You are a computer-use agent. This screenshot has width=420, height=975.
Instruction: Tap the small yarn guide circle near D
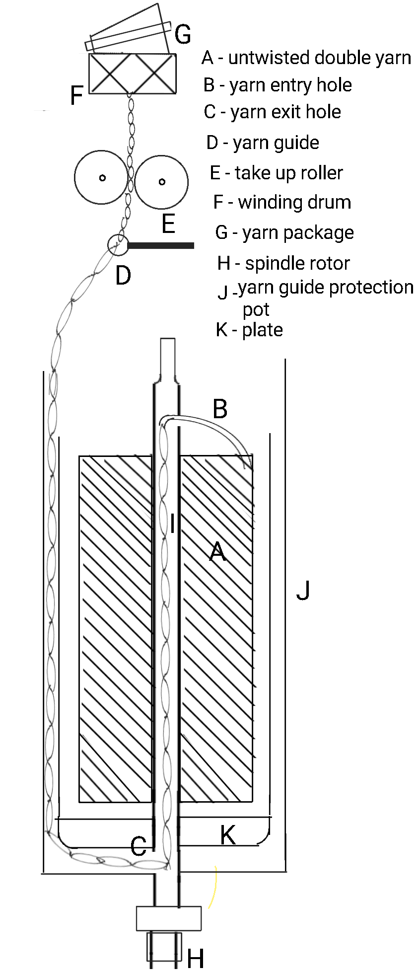[x=117, y=244]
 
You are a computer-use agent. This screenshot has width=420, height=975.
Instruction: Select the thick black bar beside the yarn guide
[x=161, y=245]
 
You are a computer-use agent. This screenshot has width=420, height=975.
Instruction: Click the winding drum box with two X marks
[x=132, y=74]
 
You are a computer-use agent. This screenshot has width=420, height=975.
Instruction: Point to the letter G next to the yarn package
[x=183, y=35]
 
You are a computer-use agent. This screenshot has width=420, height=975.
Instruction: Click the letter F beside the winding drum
[x=76, y=95]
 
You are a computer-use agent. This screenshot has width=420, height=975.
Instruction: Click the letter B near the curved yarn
[x=220, y=409]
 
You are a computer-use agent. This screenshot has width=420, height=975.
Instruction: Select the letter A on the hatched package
[x=217, y=551]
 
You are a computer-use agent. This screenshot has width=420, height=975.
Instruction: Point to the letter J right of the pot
[x=303, y=590]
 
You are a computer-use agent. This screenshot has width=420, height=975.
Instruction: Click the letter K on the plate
[x=227, y=835]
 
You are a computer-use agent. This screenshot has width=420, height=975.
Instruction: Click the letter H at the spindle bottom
[x=195, y=959]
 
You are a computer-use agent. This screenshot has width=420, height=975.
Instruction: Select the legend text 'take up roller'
[x=288, y=173]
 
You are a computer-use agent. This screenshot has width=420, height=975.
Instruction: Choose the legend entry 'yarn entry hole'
[x=290, y=85]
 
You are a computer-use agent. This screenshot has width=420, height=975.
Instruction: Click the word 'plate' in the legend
[x=262, y=330]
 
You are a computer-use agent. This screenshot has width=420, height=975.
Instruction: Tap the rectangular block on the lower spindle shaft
[x=169, y=918]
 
